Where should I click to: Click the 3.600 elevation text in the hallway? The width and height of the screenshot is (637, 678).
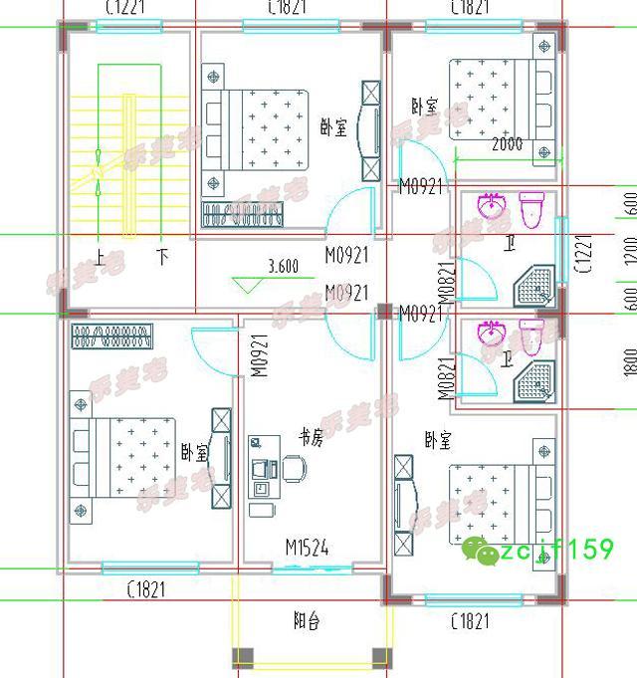click(x=283, y=266)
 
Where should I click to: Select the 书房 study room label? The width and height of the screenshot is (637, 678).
click(x=311, y=437)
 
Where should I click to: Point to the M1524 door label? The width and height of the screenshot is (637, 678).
click(x=307, y=548)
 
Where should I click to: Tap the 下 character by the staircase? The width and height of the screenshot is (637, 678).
click(x=162, y=257)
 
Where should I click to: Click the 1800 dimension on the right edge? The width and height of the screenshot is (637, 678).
click(x=630, y=361)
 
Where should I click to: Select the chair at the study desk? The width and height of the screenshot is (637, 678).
click(x=295, y=467)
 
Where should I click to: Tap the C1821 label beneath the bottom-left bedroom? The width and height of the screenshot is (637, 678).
click(x=146, y=591)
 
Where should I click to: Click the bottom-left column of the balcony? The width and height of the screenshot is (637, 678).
click(x=243, y=657)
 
